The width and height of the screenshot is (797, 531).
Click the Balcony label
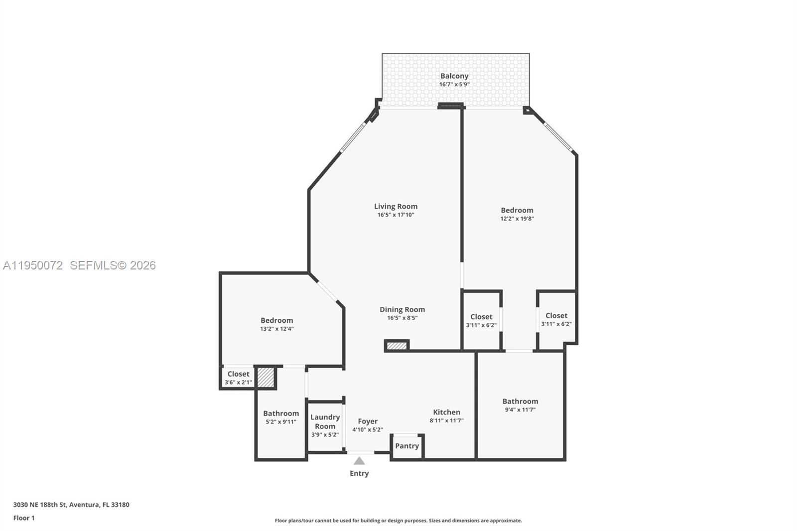[x=454, y=76]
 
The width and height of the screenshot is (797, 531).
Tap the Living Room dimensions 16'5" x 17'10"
[x=396, y=215]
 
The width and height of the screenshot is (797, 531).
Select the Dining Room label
[x=402, y=309]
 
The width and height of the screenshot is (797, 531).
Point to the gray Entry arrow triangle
[x=359, y=461]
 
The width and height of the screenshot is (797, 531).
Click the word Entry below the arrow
[x=359, y=473]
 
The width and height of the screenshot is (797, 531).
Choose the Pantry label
[x=407, y=446]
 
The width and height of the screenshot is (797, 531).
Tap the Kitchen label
[x=446, y=412]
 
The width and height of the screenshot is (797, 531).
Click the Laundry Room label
[x=325, y=421]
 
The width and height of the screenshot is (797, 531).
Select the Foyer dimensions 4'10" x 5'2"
[x=368, y=429]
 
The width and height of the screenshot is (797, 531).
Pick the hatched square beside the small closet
[x=266, y=377]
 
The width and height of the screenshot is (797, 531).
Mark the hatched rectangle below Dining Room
[x=397, y=346]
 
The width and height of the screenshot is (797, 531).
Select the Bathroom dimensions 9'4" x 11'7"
[x=520, y=409]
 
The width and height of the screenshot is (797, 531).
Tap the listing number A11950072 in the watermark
[x=33, y=265]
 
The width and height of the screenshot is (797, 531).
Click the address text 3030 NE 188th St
[x=40, y=504]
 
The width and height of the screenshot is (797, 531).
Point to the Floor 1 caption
[x=24, y=518]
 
